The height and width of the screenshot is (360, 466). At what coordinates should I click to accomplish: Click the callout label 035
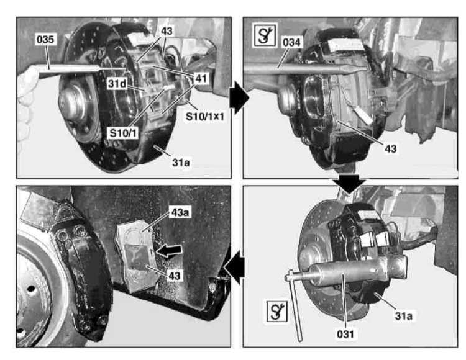pos(45,40)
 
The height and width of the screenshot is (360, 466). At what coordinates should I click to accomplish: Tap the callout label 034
pos(291,42)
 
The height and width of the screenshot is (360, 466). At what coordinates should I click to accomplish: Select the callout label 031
pos(345,334)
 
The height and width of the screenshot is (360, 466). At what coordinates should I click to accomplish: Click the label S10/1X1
pos(205,116)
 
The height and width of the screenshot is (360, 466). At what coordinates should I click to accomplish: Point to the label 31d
pos(117,84)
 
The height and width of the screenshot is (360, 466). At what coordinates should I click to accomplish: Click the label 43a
pos(180,212)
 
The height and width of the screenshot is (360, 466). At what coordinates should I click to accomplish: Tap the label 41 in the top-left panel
pos(201,79)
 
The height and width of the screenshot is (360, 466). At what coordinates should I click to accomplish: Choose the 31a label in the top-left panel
pos(181,163)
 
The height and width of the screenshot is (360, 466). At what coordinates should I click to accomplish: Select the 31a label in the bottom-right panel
pos(404,316)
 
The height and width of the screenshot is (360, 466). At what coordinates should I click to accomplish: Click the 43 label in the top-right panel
pos(391,148)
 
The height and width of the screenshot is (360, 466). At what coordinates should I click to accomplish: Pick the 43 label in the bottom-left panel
pos(175,276)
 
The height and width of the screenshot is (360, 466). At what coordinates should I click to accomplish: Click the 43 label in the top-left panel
pos(167,31)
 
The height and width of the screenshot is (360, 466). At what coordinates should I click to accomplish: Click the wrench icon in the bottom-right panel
pos(277,312)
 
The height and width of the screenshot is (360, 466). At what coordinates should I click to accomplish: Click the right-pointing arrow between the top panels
pos(240,98)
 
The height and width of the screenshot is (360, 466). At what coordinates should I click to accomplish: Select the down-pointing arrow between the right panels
pos(349,184)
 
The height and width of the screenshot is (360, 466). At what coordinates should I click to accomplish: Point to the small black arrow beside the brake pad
pos(169,251)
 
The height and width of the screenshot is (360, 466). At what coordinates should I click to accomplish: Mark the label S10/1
pos(124,133)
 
